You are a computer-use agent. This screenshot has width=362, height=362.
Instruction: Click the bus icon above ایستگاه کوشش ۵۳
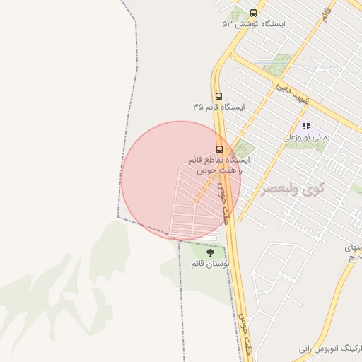point(254,13)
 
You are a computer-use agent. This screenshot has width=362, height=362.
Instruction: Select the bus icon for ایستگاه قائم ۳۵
point(218,96)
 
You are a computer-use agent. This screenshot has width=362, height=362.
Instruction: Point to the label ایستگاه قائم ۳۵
point(218,107)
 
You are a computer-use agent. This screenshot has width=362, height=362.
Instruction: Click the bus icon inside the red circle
point(219,149)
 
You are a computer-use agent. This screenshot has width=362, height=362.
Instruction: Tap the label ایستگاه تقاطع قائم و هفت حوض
point(218,165)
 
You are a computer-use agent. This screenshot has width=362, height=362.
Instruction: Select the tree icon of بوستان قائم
point(209,252)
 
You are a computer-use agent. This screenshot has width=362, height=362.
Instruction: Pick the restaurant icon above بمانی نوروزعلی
point(306,126)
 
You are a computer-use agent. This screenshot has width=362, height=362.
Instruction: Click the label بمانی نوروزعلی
point(307,138)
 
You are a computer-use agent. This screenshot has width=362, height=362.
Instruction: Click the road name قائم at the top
point(326,12)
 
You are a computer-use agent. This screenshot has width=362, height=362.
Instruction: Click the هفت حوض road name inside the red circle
point(224,203)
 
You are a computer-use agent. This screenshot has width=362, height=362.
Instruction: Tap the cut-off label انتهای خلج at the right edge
point(353,252)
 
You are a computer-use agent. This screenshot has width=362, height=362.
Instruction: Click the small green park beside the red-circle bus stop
point(244,149)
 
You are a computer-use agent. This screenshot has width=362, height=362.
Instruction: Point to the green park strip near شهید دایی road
point(277,66)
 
